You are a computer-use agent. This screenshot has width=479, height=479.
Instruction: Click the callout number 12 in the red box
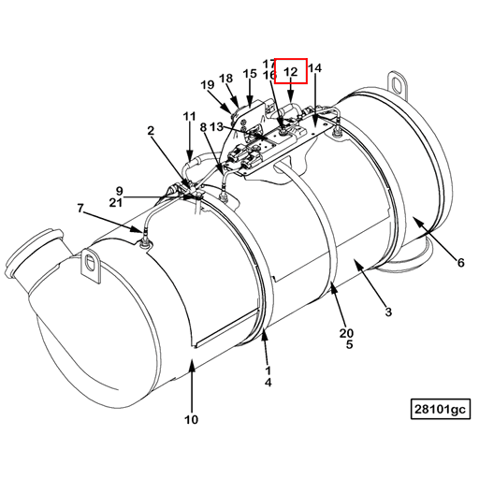coord(291,71)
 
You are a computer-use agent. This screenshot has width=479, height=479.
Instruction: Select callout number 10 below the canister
coord(191,420)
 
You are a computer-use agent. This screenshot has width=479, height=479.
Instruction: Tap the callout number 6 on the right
coord(460,263)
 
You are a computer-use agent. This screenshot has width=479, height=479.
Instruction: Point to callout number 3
coord(388,312)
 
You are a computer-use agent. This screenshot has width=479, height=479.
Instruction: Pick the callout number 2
coord(150,132)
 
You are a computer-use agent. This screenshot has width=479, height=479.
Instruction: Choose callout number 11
coord(190,117)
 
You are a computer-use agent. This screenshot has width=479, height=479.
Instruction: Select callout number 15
coord(250,73)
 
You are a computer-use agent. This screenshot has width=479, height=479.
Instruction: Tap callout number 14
coord(314,68)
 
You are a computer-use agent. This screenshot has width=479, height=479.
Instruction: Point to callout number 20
coord(346,333)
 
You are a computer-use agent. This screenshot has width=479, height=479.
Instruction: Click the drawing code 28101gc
coord(440,409)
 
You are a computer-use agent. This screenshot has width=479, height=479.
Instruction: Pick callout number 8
coord(203,126)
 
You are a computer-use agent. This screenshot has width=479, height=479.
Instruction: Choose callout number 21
coord(115,201)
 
